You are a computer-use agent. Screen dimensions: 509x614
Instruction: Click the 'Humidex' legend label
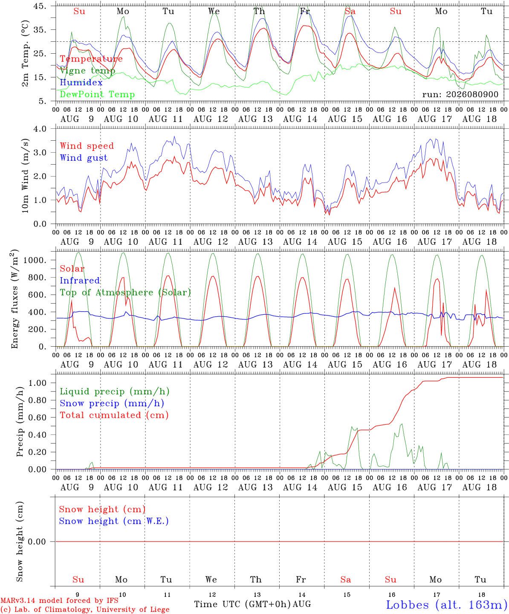pyautogui.click(x=81, y=82)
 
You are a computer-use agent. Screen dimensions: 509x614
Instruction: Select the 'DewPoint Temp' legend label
pyautogui.click(x=97, y=94)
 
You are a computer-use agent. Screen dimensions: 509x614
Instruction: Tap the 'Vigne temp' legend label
pyautogui.click(x=87, y=71)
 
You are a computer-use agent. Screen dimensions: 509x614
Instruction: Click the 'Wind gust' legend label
pyautogui.click(x=84, y=158)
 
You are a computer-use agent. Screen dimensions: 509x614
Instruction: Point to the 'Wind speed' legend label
pyautogui.click(x=87, y=146)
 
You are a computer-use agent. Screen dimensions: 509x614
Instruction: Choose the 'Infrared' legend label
pyautogui.click(x=80, y=280)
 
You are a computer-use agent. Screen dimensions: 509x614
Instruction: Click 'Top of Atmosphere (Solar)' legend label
pyautogui.click(x=126, y=293)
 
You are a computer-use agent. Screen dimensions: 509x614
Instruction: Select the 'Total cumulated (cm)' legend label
pyautogui.click(x=114, y=415)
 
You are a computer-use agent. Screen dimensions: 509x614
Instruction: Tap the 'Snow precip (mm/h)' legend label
pyautogui.click(x=112, y=403)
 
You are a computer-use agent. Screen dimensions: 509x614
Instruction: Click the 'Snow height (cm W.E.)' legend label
pyautogui.click(x=114, y=521)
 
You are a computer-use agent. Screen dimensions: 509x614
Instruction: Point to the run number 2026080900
pyautogui.click(x=460, y=94)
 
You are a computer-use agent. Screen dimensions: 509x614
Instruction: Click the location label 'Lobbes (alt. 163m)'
pyautogui.click(x=447, y=605)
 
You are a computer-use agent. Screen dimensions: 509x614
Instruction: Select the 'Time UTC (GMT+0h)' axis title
pyautogui.click(x=242, y=604)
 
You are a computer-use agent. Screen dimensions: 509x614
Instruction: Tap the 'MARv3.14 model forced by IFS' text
pyautogui.click(x=59, y=600)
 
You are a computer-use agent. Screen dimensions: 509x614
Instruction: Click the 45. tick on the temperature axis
pyautogui.click(x=40, y=6)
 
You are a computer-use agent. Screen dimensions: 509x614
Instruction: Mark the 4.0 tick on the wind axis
pyautogui.click(x=40, y=129)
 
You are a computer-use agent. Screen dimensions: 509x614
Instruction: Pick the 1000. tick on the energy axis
pyautogui.click(x=35, y=260)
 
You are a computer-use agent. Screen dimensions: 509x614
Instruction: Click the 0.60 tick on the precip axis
pyautogui.click(x=38, y=417)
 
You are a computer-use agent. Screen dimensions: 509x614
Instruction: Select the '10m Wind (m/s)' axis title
pyautogui.click(x=25, y=176)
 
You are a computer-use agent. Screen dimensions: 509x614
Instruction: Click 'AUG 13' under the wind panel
pyautogui.click(x=255, y=242)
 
